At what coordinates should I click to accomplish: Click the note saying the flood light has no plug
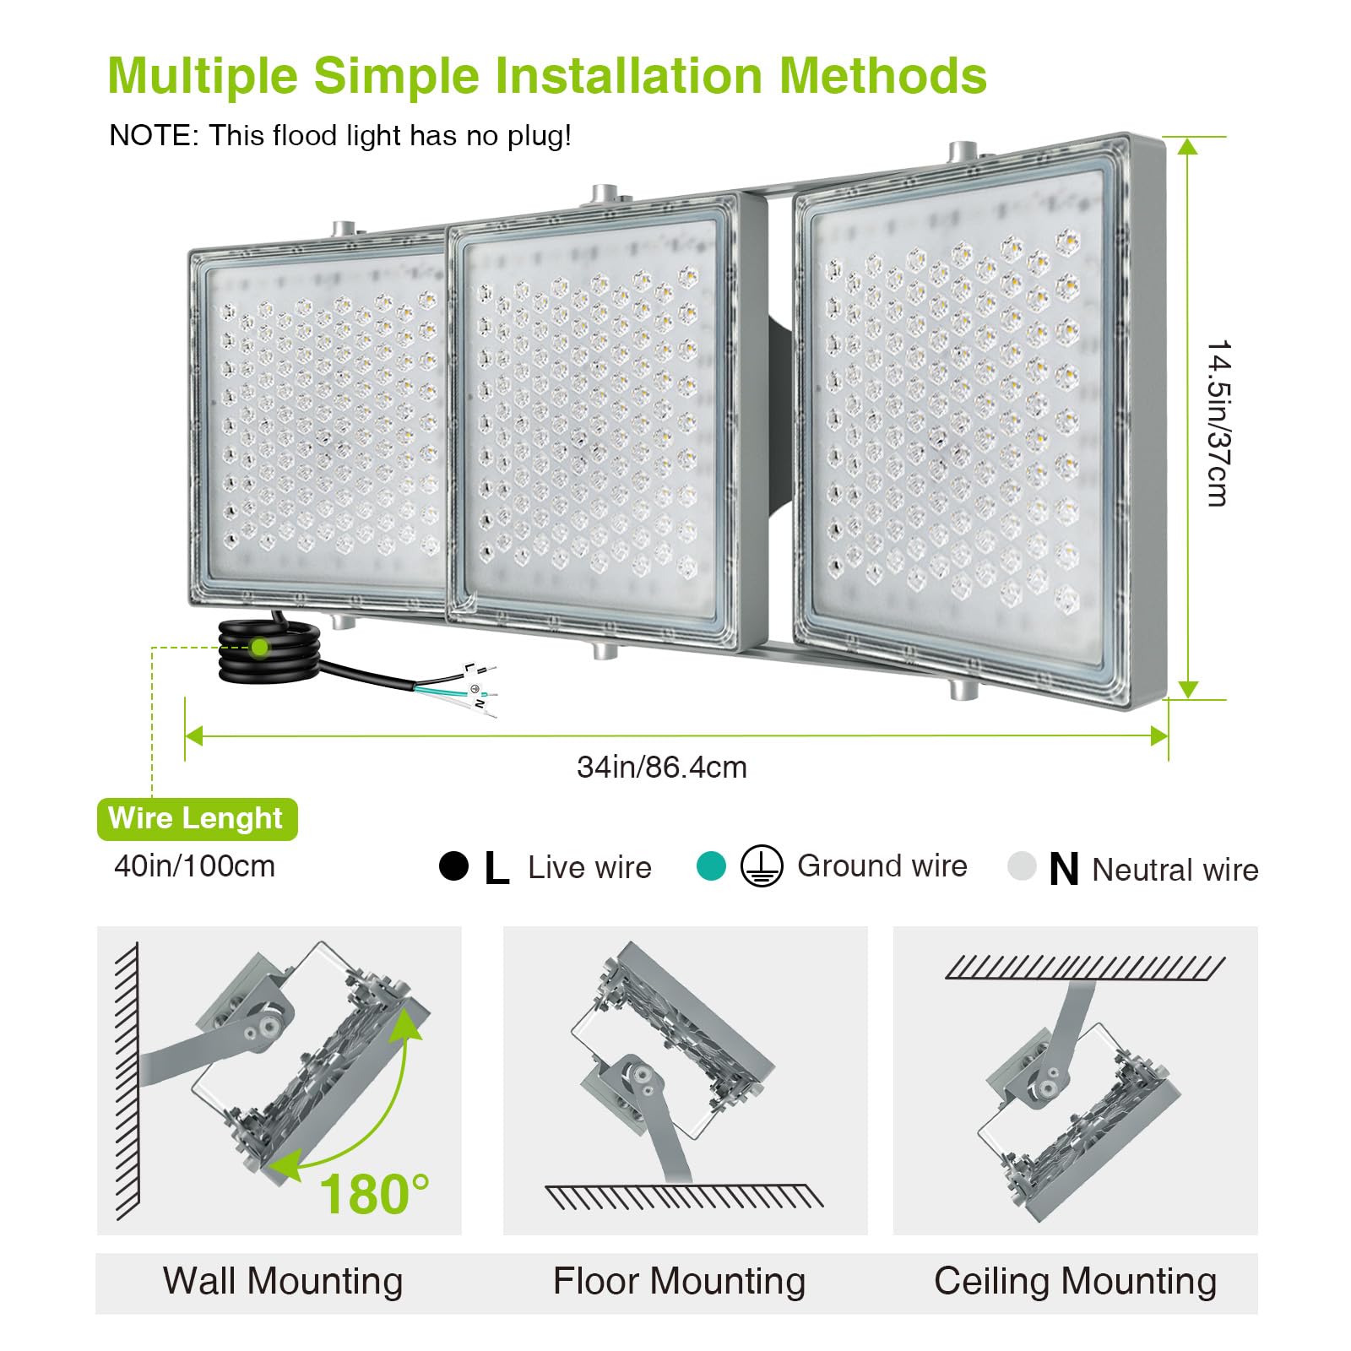(340, 135)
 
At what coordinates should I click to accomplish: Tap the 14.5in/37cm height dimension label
(1218, 423)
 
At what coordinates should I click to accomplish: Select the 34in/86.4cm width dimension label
(662, 768)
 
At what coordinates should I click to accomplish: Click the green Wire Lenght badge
(198, 819)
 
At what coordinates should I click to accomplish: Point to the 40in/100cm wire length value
(194, 866)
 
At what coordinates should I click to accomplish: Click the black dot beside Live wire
(453, 866)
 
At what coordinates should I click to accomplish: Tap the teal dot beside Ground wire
(711, 865)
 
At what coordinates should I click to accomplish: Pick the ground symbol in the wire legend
(762, 866)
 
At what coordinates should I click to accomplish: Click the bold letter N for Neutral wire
(1064, 869)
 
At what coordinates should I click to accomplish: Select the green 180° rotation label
(374, 1194)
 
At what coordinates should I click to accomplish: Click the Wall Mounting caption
(283, 1281)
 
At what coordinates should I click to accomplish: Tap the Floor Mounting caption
(680, 1281)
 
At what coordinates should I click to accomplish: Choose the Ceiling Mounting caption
(1075, 1281)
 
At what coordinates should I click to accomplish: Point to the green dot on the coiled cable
(259, 648)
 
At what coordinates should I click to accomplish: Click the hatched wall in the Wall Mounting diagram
(127, 1081)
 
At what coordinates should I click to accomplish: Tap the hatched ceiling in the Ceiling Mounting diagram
(1085, 968)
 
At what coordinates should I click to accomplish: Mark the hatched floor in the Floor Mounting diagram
(684, 1196)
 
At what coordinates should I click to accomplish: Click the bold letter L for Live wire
(496, 868)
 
